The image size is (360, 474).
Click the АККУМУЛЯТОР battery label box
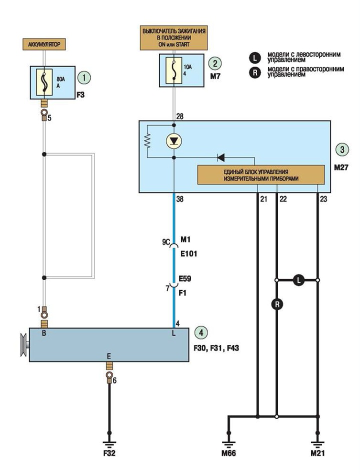44,44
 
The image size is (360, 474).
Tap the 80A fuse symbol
44,82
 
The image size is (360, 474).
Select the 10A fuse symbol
173,70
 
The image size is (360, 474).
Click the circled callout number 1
83,77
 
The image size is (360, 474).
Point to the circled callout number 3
342,149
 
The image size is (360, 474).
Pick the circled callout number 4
201,332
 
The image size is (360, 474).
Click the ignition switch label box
174,38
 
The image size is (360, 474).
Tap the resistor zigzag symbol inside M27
147,140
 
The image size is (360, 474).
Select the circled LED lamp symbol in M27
174,141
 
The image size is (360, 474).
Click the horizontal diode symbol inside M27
221,157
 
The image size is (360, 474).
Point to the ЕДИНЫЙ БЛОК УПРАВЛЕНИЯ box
261,174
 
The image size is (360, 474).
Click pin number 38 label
179,199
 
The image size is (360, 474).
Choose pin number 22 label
283,199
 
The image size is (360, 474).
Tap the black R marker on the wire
277,304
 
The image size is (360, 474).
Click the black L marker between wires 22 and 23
299,280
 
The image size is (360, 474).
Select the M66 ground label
228,453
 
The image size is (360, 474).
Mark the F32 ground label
109,453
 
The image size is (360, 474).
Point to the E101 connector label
188,253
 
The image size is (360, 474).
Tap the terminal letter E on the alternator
109,356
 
